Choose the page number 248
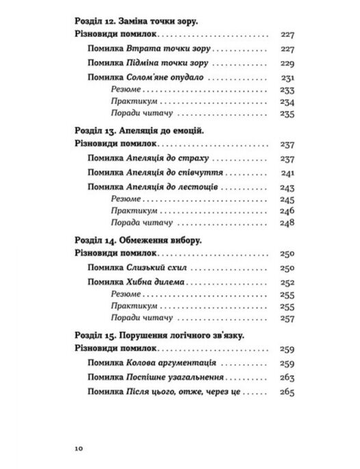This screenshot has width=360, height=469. tap(287, 223)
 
